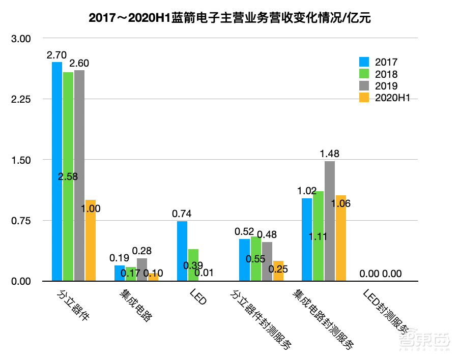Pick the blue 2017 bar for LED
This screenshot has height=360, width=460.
tap(182, 251)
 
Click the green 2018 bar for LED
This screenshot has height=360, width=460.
tap(193, 265)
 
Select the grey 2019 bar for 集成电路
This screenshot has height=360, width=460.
tap(142, 269)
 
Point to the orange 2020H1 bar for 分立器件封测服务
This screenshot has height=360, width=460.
tap(278, 271)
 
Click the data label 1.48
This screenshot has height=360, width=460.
tap(329, 154)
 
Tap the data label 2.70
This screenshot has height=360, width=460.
tap(56, 54)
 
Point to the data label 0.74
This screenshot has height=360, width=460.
tap(182, 214)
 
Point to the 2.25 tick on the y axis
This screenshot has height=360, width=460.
tap(21, 100)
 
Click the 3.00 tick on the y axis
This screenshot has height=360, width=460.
tap(21, 39)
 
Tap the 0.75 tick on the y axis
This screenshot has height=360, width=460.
tap(21, 221)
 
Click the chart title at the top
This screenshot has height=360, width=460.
tap(230, 19)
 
